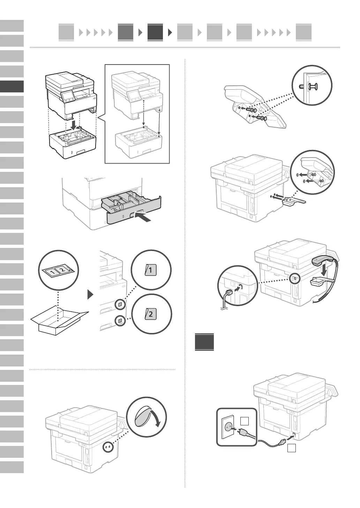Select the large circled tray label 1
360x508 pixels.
[x=150, y=270]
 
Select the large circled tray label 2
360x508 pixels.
[x=151, y=313]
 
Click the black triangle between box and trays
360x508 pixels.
[x=90, y=295]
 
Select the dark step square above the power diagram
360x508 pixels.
[x=204, y=342]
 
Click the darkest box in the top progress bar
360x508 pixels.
[x=155, y=32]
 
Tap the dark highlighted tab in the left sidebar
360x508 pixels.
[x=12, y=86]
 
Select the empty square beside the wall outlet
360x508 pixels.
[x=245, y=421]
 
